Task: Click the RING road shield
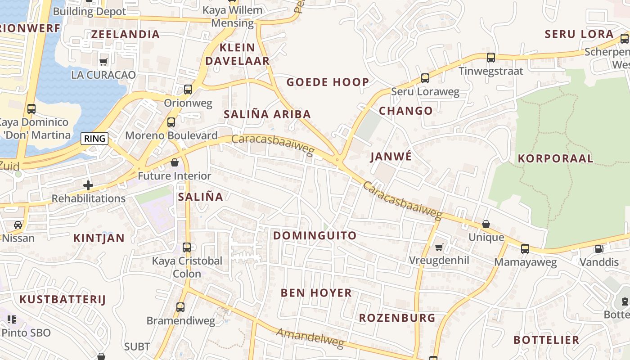95,139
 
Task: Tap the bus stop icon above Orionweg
188,89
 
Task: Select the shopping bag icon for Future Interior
175,162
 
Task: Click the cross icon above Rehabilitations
88,185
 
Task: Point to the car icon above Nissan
18,225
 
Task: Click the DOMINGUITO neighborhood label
315,235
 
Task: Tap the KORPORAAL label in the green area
555,158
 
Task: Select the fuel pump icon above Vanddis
599,248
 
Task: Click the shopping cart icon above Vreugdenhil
439,247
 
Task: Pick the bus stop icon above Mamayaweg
525,248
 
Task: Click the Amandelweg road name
310,338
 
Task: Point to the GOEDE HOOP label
328,82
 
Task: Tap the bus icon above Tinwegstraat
491,58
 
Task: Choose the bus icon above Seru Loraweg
425,78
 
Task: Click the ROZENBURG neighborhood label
397,318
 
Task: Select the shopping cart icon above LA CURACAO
103,62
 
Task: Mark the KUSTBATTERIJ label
62,299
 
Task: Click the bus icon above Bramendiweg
180,307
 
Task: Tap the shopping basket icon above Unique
486,224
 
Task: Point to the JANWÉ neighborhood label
391,156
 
